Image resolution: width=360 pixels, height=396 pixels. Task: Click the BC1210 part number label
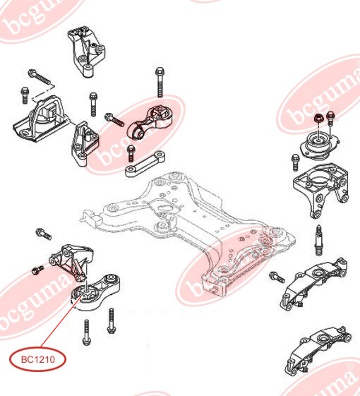pos(38,359)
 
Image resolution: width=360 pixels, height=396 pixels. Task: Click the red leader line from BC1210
pos(61,321)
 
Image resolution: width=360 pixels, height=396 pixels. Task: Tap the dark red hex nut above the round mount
pos(318,118)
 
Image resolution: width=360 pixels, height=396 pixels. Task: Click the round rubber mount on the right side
pos(319,146)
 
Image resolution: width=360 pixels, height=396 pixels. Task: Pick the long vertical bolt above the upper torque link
pos(160,82)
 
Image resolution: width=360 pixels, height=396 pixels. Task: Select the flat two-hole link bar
pos(145,164)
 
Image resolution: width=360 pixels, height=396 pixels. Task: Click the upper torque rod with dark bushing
pos(152,122)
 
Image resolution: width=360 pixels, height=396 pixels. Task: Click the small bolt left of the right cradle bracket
pos(295,162)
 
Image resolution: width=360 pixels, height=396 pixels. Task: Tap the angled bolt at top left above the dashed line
pos(40,76)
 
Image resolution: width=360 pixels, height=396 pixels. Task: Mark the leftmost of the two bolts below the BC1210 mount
pos(86,332)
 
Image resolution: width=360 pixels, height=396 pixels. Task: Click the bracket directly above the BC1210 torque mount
pos(71,261)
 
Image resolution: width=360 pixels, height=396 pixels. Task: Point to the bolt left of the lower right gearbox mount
pos(277,277)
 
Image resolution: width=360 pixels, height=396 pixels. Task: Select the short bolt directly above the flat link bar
pos(131,153)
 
